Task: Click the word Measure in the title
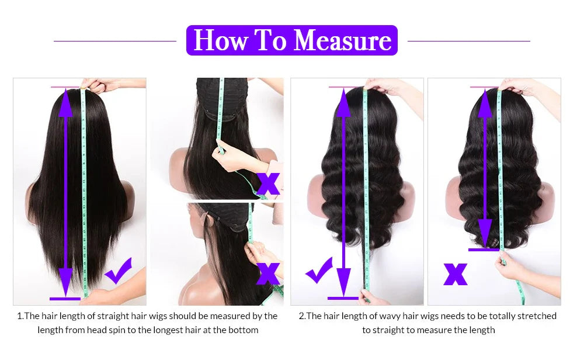(x=343, y=40)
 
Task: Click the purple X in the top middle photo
(x=268, y=183)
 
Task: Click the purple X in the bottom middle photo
(x=268, y=273)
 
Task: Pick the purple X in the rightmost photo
(x=456, y=274)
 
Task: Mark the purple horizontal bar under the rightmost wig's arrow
(x=484, y=250)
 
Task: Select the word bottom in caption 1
(x=245, y=330)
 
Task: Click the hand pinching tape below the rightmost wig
(x=509, y=266)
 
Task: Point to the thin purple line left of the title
(x=115, y=41)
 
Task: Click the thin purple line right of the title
(x=468, y=41)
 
